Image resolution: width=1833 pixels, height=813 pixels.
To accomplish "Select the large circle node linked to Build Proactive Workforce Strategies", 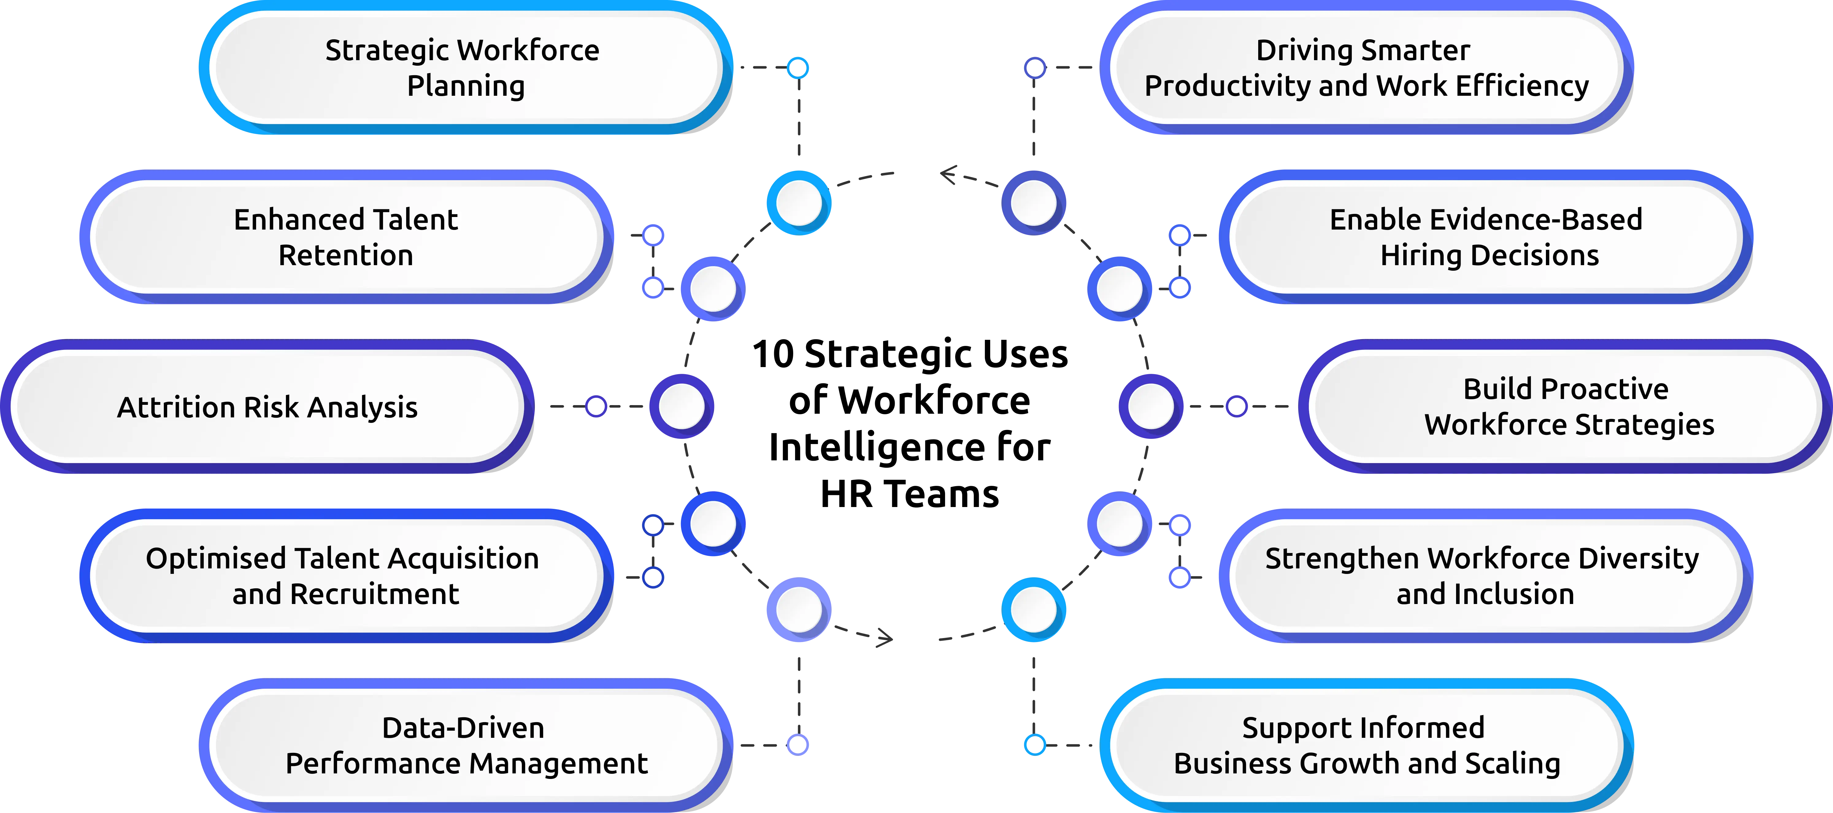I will tap(1151, 406).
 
